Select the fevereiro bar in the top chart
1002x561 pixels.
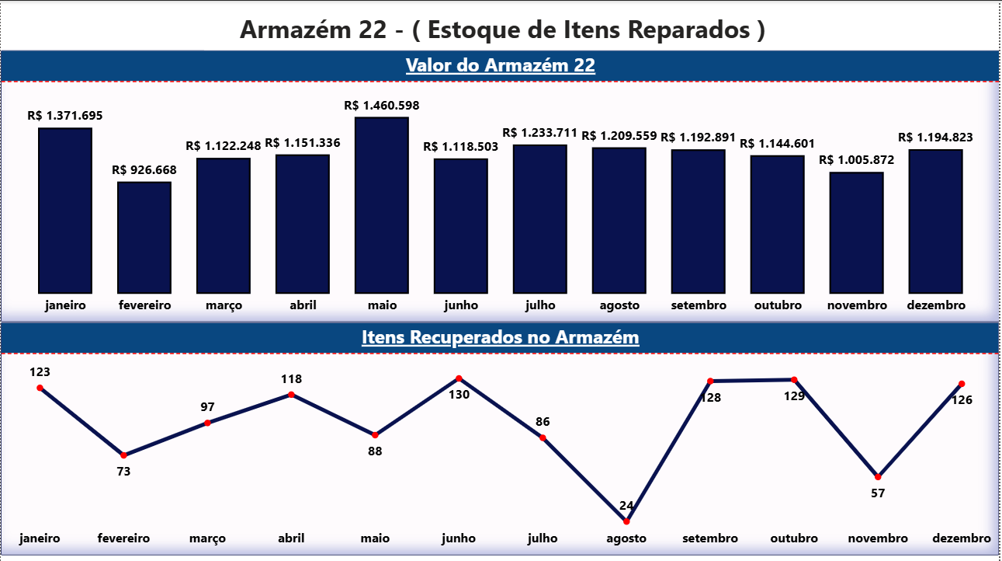point(144,237)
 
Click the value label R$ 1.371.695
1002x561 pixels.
point(65,116)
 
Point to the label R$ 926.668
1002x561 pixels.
point(144,169)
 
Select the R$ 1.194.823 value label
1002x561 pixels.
point(935,138)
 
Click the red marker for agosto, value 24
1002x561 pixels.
point(626,521)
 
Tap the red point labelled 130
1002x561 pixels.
point(459,378)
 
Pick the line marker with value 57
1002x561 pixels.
point(878,476)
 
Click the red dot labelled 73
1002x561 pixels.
point(123,455)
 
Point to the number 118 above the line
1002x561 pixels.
point(291,379)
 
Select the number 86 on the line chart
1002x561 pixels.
point(543,423)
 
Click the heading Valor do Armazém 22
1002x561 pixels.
point(500,66)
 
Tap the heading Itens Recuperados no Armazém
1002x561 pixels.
point(500,338)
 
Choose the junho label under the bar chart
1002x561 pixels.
point(461,305)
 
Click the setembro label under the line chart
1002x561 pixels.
point(710,538)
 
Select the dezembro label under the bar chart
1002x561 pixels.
point(936,305)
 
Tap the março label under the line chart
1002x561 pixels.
point(207,538)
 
